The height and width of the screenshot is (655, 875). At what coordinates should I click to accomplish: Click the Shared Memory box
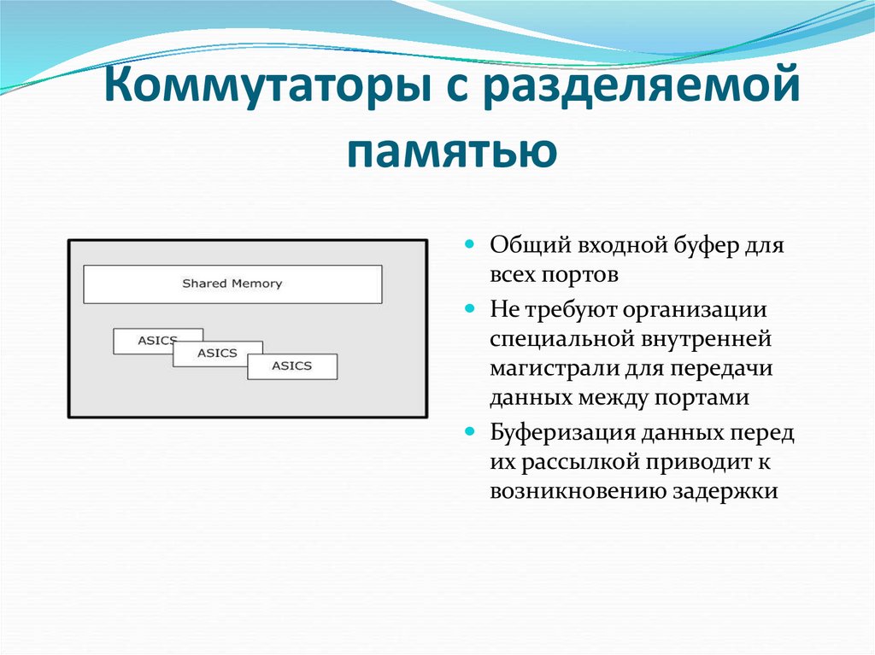point(232,284)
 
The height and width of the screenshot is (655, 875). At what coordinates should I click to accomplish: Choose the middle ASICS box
point(218,353)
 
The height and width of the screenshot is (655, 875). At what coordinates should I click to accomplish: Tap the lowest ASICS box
point(292,366)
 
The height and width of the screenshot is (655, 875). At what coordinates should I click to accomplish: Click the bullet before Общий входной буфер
point(470,244)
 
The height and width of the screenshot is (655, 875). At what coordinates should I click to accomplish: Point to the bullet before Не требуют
point(470,306)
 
